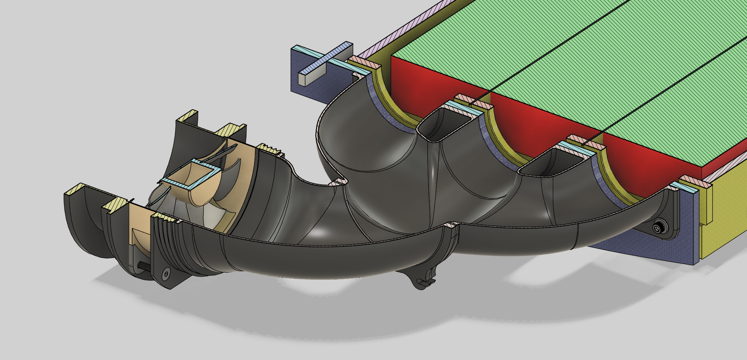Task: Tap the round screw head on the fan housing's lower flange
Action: [x=166, y=273]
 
